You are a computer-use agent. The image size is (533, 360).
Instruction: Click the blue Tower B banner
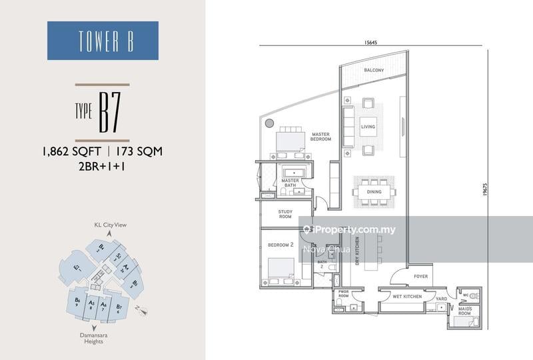click(103, 41)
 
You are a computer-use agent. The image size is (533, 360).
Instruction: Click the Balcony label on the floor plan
click(374, 70)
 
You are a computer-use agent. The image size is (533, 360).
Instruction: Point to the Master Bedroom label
click(321, 137)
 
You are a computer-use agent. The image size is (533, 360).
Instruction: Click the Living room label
click(368, 127)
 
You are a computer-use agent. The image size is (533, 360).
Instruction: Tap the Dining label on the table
click(374, 192)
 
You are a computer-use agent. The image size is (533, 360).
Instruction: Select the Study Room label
click(285, 215)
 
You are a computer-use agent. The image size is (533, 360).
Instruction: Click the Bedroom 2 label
click(280, 245)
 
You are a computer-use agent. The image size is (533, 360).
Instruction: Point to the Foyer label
click(420, 275)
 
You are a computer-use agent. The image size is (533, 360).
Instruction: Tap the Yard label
click(441, 299)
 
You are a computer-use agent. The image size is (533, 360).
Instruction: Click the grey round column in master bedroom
click(268, 123)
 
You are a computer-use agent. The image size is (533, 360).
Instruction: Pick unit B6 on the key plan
click(78, 303)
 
